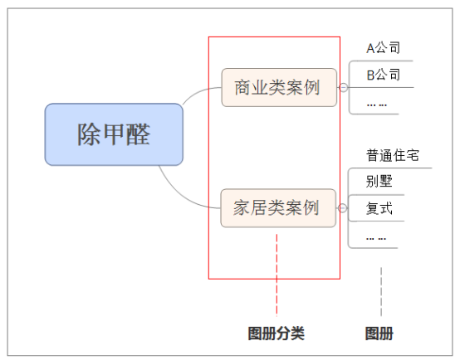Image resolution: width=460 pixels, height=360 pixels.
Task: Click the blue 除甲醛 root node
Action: [x=114, y=134]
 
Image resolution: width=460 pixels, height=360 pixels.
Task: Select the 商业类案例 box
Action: [x=279, y=87]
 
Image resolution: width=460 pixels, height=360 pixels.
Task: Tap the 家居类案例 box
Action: [x=278, y=208]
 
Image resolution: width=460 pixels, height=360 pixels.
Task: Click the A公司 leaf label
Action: [x=383, y=48]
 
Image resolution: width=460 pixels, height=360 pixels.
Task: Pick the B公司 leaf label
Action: [x=383, y=75]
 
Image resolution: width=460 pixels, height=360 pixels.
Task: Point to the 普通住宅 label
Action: [x=392, y=155]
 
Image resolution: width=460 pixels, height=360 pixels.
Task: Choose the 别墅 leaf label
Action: [x=379, y=181]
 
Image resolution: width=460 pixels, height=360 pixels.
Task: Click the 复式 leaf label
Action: [x=379, y=208]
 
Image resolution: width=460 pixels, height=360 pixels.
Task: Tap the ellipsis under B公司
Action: [x=377, y=105]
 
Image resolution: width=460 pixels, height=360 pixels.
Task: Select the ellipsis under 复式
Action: [x=376, y=239]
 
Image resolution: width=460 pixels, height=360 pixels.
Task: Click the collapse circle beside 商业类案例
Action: [x=343, y=87]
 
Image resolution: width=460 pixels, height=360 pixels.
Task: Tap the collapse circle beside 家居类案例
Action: [x=342, y=208]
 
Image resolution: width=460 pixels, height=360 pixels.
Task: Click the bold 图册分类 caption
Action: [x=276, y=333]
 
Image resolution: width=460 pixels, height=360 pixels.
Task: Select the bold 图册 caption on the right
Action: [x=379, y=333]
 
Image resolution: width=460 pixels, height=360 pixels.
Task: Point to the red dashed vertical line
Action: [x=276, y=275]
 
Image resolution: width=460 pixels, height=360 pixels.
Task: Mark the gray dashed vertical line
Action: [x=381, y=291]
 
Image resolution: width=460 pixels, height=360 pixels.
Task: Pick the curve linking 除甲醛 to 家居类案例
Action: [x=182, y=199]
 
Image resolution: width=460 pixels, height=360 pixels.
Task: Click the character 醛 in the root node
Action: [x=138, y=134]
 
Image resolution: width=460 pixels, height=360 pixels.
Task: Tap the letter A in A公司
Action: [x=370, y=48]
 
